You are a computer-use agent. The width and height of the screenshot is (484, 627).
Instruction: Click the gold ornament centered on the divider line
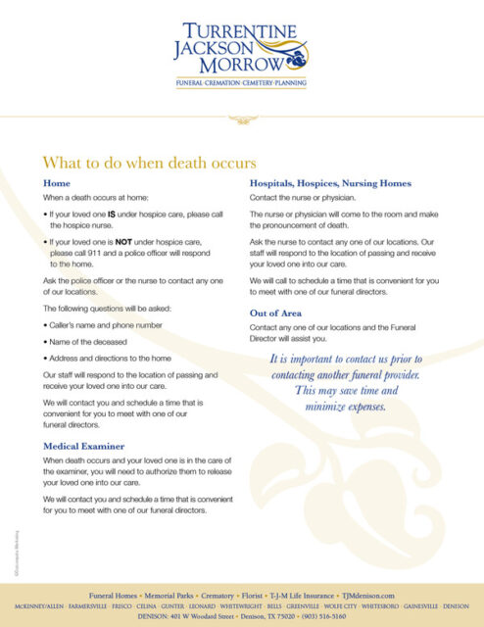(241, 121)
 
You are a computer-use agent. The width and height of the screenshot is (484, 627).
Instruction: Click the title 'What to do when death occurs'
(149, 162)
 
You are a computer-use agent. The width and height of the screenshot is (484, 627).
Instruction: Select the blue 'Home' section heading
(57, 183)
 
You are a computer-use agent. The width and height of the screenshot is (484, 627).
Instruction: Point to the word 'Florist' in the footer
(252, 596)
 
